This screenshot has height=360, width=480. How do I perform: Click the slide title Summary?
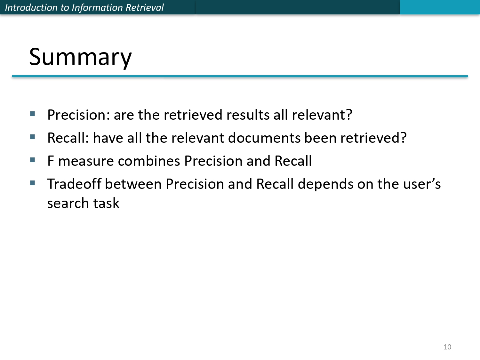click(x=80, y=57)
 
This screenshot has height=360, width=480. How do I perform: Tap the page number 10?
click(x=447, y=347)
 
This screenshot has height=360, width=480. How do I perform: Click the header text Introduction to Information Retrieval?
click(x=84, y=7)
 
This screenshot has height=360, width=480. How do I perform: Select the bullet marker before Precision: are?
click(x=33, y=114)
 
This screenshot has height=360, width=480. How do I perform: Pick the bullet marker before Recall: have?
click(x=33, y=137)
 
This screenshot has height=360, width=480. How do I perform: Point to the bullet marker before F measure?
click(x=33, y=160)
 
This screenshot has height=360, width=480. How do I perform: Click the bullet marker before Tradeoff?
click(x=33, y=183)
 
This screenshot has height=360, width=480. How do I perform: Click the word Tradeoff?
click(x=74, y=184)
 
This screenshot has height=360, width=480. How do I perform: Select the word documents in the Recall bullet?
click(x=264, y=138)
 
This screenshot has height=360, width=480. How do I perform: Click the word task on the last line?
click(x=106, y=203)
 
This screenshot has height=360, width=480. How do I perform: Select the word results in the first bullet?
click(x=248, y=115)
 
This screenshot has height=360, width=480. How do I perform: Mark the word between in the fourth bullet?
click(x=133, y=184)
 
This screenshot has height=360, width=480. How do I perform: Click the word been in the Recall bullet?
click(x=320, y=138)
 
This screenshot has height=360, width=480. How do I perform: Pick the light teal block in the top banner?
click(x=440, y=7)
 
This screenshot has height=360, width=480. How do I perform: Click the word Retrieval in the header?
click(x=145, y=7)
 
